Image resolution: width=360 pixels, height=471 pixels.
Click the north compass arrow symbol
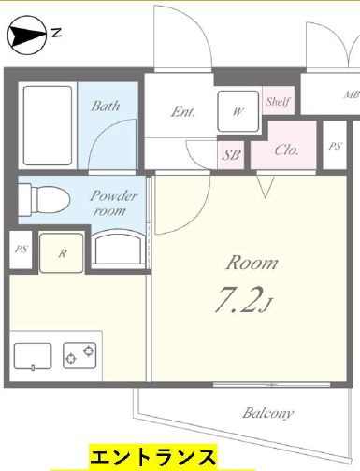[x=27, y=36]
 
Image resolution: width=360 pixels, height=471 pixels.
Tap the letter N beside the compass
[x=56, y=33]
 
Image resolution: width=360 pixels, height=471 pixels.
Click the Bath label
[x=106, y=106]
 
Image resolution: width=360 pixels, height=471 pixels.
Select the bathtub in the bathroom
[x=48, y=125]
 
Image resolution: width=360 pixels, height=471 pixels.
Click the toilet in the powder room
[x=44, y=199]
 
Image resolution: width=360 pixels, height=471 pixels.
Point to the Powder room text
[x=113, y=204]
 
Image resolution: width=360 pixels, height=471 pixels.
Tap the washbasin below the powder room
[x=118, y=248]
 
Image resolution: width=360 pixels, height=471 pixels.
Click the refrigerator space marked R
[x=62, y=253]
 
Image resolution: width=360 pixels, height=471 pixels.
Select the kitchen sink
[x=33, y=356]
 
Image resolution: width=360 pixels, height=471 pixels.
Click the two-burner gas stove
[x=79, y=355]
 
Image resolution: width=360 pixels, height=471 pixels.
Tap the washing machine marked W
[x=238, y=111]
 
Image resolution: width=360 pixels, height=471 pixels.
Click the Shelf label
[x=278, y=101]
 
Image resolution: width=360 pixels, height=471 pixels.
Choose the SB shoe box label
[x=231, y=154]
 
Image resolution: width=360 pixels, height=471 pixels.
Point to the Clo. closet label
[x=286, y=150]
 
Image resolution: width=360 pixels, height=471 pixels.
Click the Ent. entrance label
[x=182, y=112]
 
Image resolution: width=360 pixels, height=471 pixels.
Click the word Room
[x=252, y=263]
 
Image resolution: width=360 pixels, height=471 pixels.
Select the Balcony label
[x=268, y=413]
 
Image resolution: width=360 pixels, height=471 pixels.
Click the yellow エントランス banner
[x=153, y=457]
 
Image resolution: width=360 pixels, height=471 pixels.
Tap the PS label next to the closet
[x=335, y=146]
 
